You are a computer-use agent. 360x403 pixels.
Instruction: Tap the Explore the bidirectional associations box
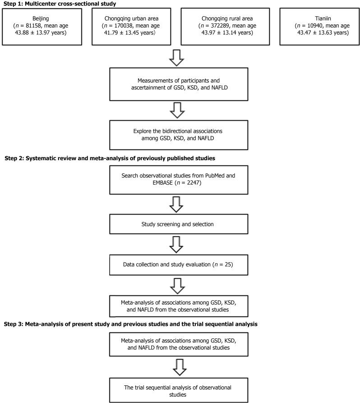point(180,135)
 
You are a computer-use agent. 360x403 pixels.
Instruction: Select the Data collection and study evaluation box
point(180,264)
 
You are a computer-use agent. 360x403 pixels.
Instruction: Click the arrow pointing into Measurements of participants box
point(180,57)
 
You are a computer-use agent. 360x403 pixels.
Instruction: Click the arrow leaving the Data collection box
point(180,284)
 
